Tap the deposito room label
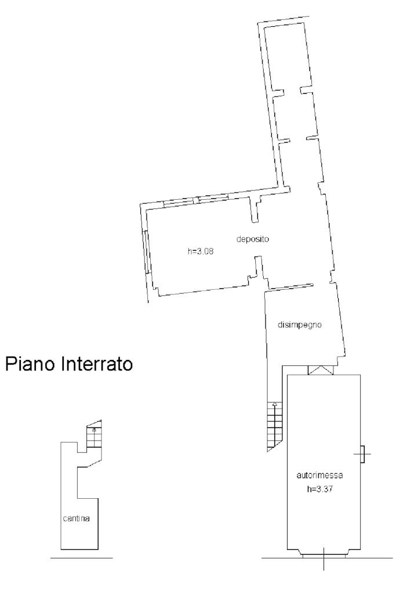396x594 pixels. click(x=253, y=239)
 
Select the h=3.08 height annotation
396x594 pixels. click(x=200, y=252)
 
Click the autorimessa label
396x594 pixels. click(x=320, y=475)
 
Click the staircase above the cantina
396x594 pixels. click(x=93, y=436)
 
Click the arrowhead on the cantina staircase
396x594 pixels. click(x=94, y=430)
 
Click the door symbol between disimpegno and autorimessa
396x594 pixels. click(x=320, y=370)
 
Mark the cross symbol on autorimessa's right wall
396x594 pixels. click(x=362, y=453)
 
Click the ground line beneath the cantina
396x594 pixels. click(x=81, y=559)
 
